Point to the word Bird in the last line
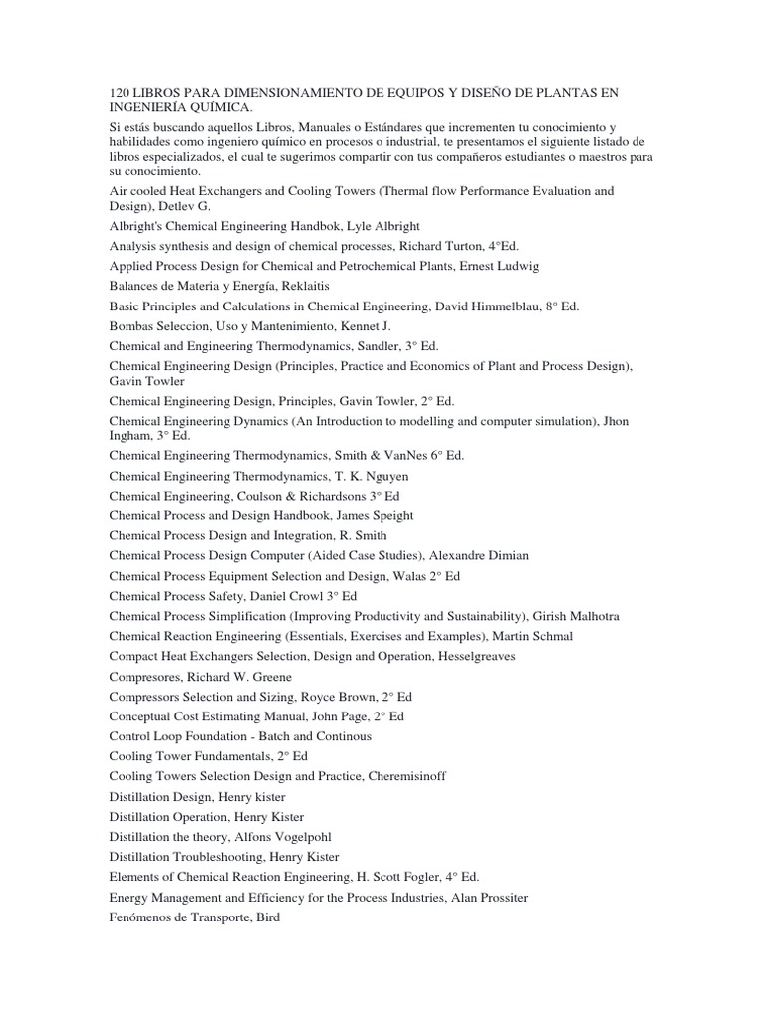pos(268,917)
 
